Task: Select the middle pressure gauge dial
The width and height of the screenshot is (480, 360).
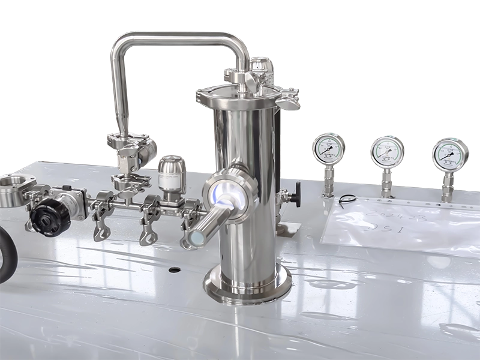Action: tap(386, 152)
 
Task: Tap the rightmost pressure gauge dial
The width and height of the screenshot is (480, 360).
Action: tap(450, 154)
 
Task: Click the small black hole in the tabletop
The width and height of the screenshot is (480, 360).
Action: tap(175, 269)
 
